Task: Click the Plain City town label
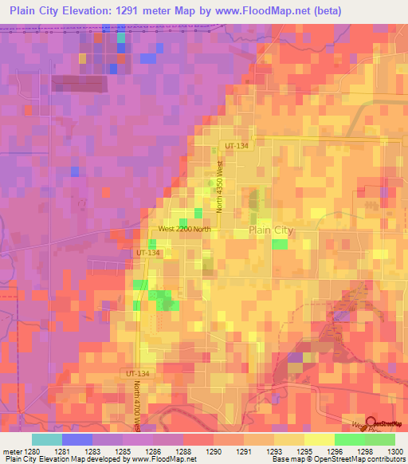[271, 230]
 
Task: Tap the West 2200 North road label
[184, 229]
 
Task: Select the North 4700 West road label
[136, 406]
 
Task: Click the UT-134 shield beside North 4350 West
[237, 147]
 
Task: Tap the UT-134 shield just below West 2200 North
[148, 253]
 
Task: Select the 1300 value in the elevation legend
[394, 451]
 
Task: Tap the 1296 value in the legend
[335, 451]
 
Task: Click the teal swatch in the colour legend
[47, 439]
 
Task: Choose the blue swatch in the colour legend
[77, 439]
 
